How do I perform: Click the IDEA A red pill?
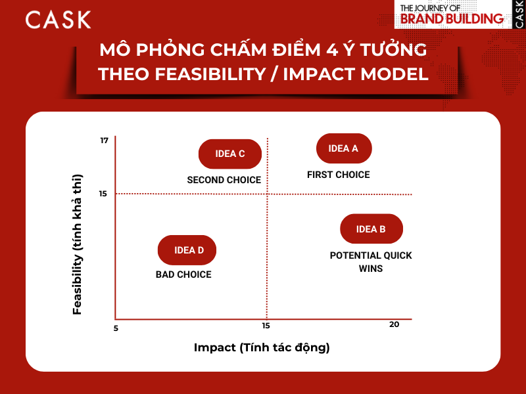point(344,148)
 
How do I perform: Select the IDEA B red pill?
point(371,229)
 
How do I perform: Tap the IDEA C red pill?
point(230,154)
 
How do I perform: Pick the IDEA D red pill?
point(187,250)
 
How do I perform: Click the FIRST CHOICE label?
point(339,175)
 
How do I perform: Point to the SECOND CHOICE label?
point(224,180)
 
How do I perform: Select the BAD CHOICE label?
point(183,274)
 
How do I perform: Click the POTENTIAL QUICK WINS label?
point(371,261)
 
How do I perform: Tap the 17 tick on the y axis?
point(104,141)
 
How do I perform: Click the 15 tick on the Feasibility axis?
point(103,194)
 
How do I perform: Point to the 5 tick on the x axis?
point(116,328)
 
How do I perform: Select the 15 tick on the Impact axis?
point(266,326)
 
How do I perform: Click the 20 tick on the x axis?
point(394,324)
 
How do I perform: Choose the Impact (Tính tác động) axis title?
point(262,347)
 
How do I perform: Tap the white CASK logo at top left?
point(58,19)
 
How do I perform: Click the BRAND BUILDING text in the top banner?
point(451,19)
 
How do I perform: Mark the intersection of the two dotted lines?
point(267,194)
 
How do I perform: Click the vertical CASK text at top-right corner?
point(519,14)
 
